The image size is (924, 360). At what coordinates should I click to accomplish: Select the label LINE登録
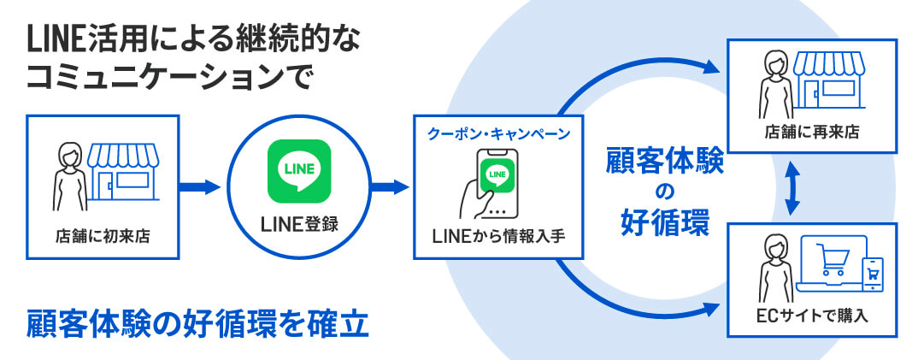coord(299,225)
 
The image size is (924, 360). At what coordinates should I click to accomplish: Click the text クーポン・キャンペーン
coord(498,135)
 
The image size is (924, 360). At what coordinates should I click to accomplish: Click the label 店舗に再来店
coord(810,133)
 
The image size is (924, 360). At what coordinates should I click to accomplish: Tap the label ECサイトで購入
coord(810,317)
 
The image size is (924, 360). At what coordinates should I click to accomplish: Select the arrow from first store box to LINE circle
coord(203,186)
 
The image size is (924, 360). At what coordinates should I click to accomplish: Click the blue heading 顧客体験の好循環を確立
coord(197,324)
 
